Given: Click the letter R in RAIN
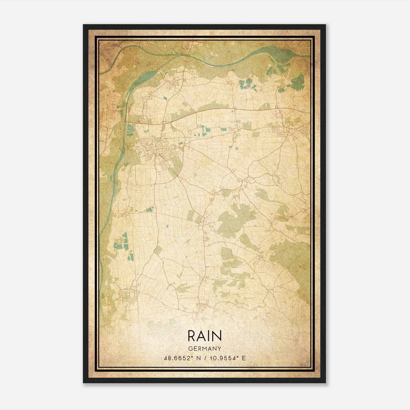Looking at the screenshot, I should pyautogui.click(x=192, y=335).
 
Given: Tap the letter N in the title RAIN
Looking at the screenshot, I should pyautogui.click(x=216, y=335).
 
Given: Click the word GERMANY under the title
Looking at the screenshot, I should pyautogui.click(x=204, y=348).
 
